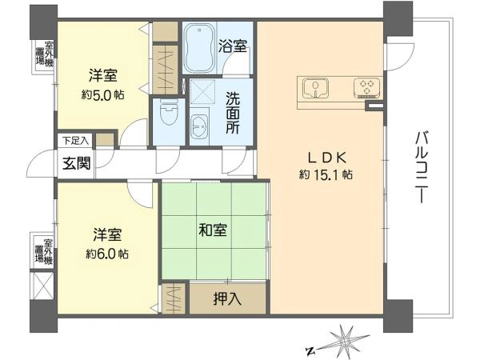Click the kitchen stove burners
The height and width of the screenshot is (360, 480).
[367, 86]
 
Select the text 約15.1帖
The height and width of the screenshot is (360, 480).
[326, 174]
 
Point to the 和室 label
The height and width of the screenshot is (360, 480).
[213, 230]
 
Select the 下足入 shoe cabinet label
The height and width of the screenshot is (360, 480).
[77, 141]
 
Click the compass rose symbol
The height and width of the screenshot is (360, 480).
[346, 340]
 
